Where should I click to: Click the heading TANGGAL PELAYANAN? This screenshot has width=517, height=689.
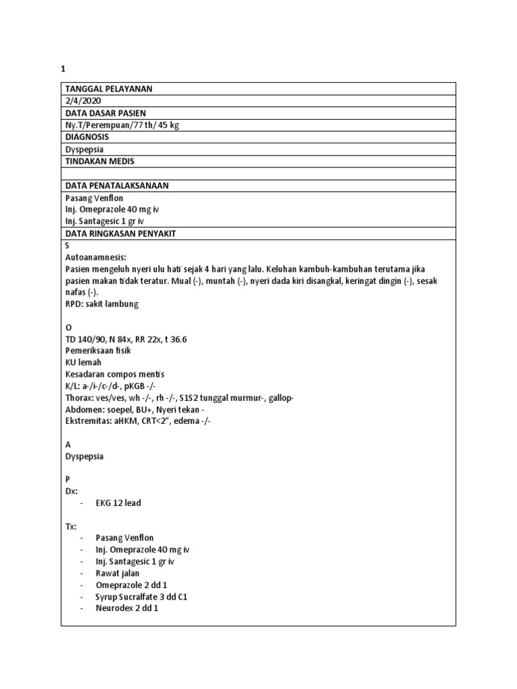[108, 89]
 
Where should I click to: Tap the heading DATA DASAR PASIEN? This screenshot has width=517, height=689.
[105, 113]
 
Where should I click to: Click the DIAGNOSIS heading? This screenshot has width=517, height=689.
[87, 137]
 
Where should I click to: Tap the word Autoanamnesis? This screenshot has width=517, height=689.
[96, 257]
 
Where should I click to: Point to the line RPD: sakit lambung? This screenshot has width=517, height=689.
[102, 304]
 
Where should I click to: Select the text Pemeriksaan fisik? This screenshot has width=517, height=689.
[98, 351]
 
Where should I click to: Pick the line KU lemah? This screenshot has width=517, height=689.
[83, 362]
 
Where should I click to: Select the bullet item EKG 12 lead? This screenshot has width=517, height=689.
[118, 503]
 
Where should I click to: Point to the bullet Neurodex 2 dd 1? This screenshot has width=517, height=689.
[127, 608]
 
